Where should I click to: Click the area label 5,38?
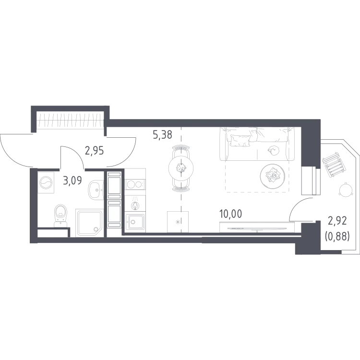tap(162, 134)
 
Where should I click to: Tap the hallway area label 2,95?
tap(95, 151)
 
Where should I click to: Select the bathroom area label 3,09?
tap(72, 180)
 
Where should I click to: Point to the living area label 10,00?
tap(230, 214)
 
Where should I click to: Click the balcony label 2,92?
tap(337, 221)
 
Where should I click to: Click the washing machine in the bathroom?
tap(46, 183)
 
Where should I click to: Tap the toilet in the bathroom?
tap(60, 216)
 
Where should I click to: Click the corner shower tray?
tap(90, 223)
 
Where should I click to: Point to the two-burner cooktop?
tap(135, 184)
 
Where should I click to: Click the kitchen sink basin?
tap(135, 222)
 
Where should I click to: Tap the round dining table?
tap(181, 168)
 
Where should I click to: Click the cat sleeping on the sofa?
tap(274, 151)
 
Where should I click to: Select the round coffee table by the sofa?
tap(273, 176)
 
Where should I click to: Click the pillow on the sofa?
tap(240, 141)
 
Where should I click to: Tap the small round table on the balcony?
tap(346, 190)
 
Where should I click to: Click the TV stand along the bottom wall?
tap(257, 227)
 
